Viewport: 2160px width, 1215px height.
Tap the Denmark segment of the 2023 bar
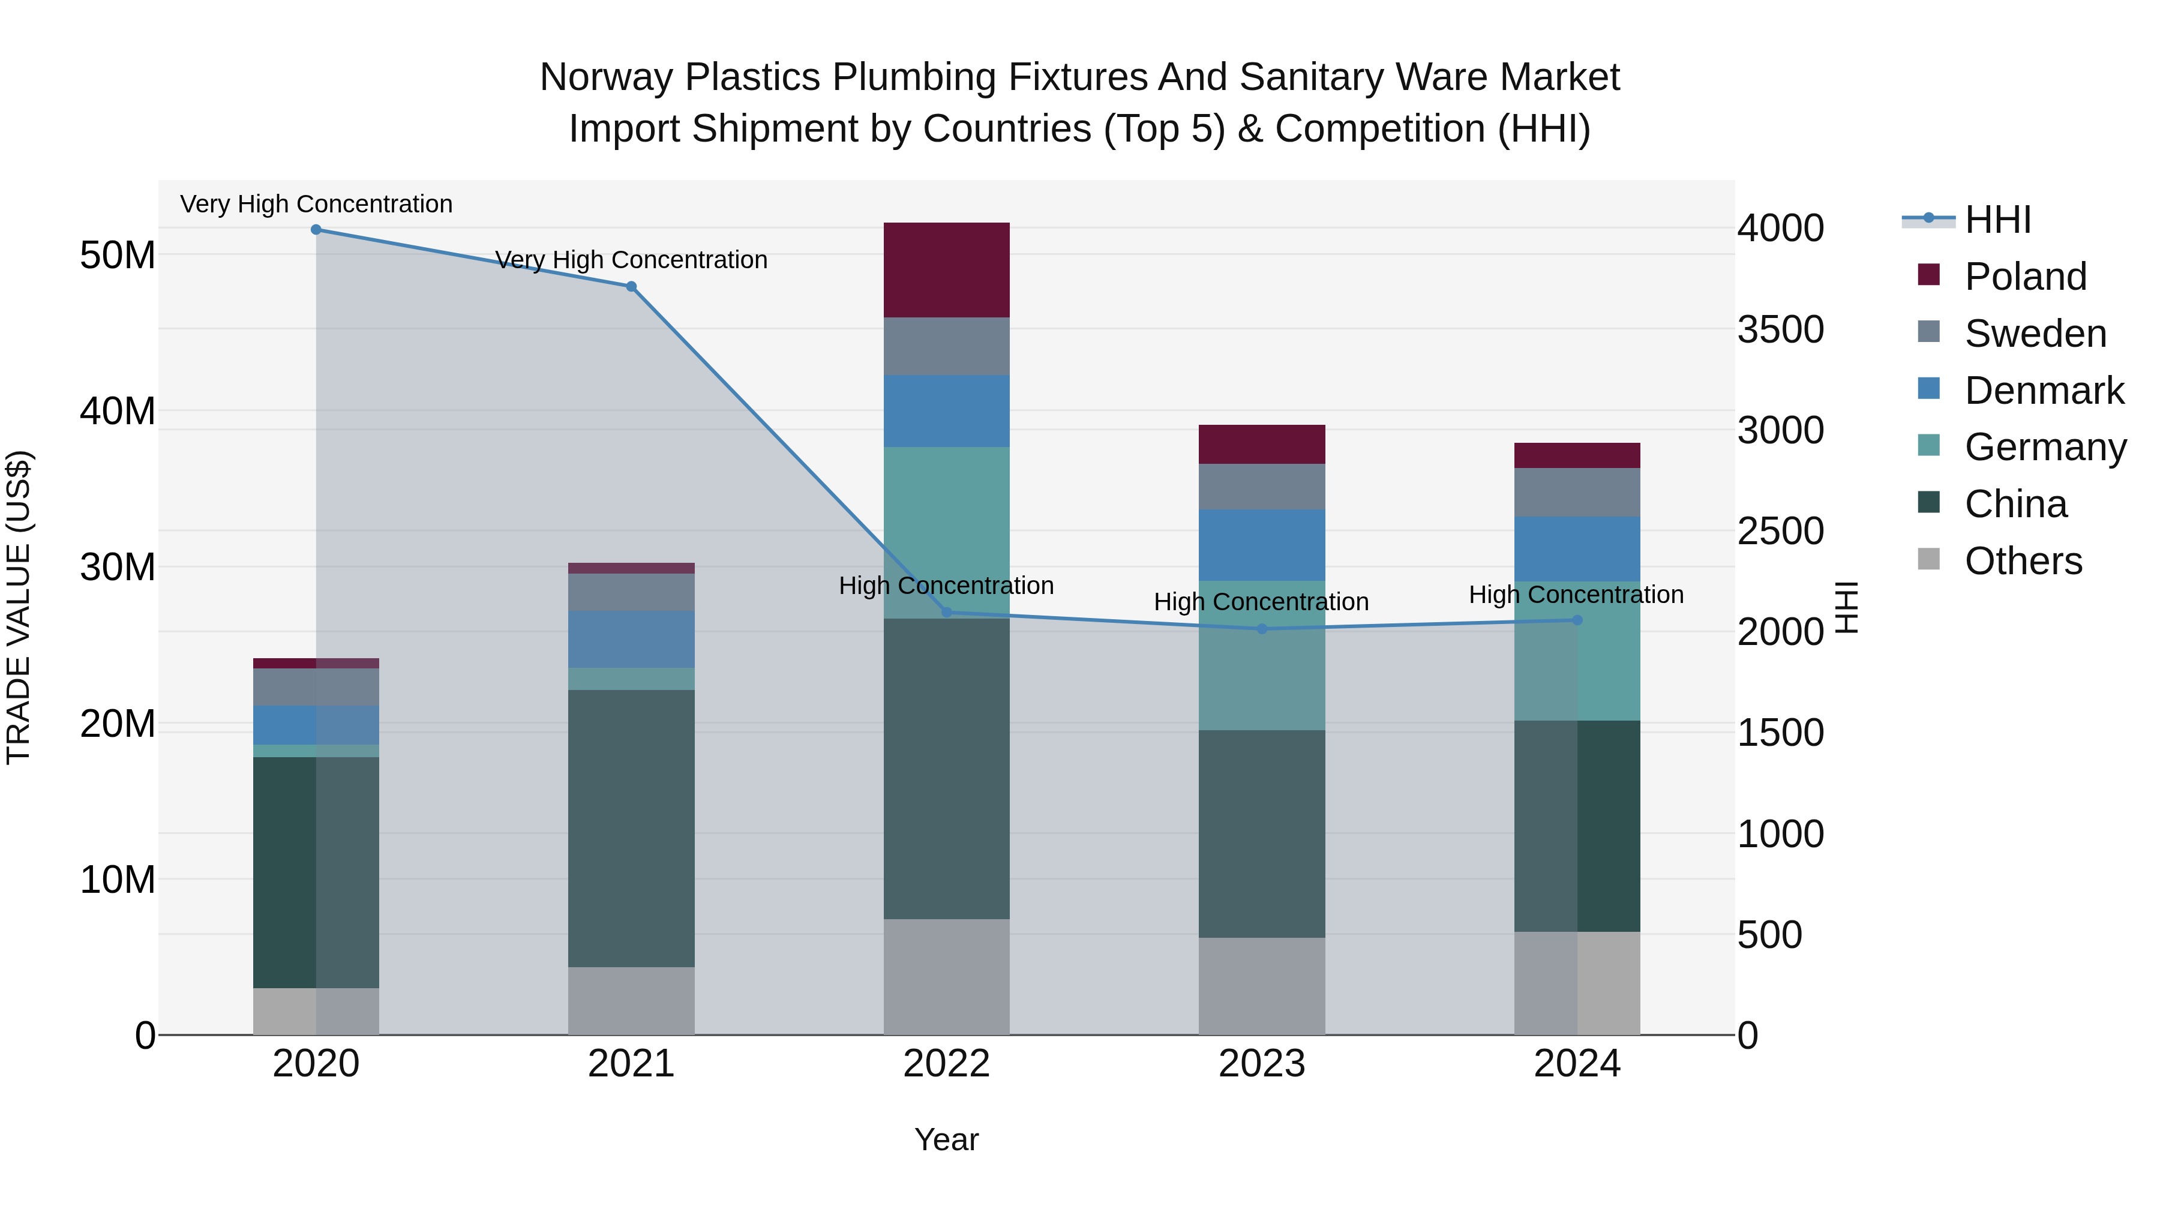pos(1261,544)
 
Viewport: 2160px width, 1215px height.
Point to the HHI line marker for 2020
pos(316,230)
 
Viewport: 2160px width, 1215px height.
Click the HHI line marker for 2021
pos(631,286)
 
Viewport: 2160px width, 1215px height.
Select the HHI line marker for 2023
pos(1262,629)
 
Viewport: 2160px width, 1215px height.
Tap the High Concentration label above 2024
pos(1576,595)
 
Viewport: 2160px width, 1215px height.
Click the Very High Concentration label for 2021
pos(631,260)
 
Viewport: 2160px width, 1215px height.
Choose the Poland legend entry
pos(2025,277)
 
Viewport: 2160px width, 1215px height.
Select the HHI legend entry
pos(1997,220)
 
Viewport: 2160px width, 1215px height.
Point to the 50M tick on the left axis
pos(118,255)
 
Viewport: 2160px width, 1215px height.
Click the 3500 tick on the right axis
pos(1780,329)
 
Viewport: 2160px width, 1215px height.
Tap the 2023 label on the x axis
pos(1261,1064)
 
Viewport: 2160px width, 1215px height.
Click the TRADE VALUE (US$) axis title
pos(19,607)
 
